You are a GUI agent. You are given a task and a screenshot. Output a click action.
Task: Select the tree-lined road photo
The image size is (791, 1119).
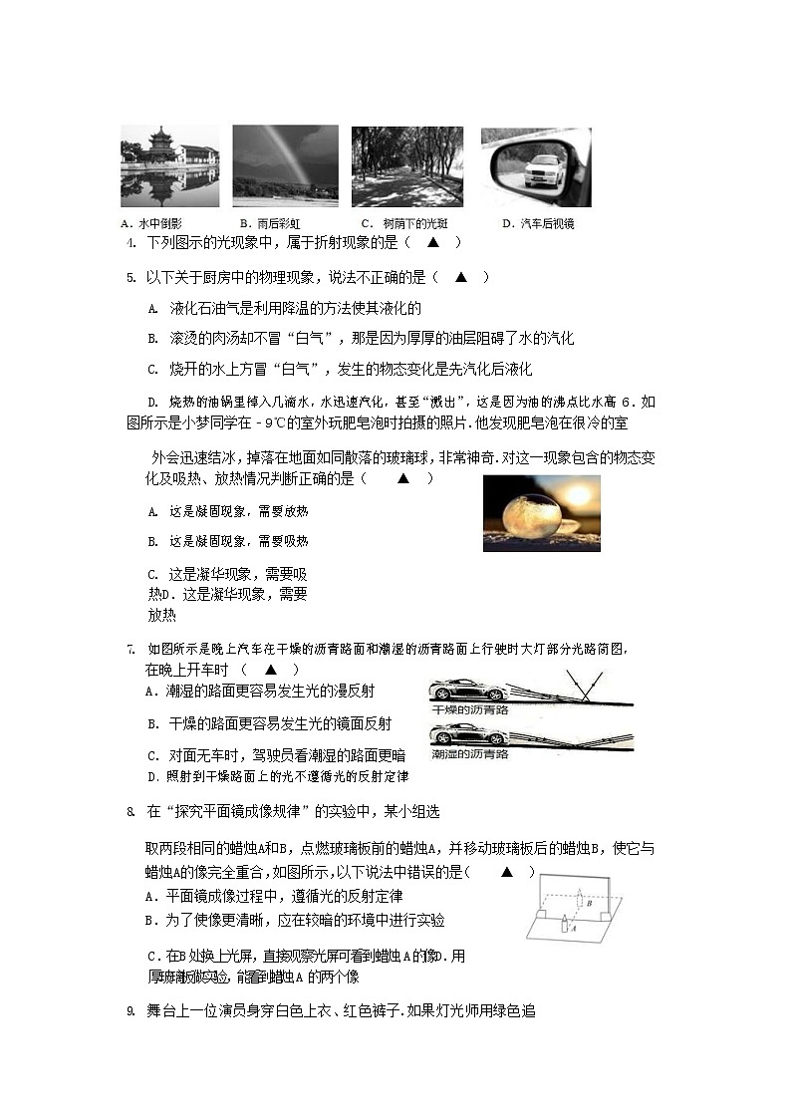tap(406, 166)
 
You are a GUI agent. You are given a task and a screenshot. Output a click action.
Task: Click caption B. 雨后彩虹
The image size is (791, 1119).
tap(272, 223)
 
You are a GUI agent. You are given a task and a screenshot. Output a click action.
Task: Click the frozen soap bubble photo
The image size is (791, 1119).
tap(541, 513)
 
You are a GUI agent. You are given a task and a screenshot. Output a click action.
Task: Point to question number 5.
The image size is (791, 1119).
tap(132, 277)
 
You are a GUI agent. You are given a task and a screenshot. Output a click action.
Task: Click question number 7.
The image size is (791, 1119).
tap(131, 650)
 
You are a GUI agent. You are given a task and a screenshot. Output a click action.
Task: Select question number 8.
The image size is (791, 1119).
tap(131, 812)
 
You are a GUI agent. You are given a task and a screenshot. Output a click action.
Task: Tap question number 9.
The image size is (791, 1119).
tap(131, 1011)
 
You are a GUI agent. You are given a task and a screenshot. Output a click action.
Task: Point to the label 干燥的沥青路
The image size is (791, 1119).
tap(470, 710)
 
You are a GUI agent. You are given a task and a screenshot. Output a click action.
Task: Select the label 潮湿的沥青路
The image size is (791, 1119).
tap(470, 755)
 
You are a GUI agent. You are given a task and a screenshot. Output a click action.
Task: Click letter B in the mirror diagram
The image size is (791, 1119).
tap(590, 904)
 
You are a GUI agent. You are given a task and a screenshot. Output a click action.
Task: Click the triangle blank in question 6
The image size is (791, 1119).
tap(403, 478)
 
